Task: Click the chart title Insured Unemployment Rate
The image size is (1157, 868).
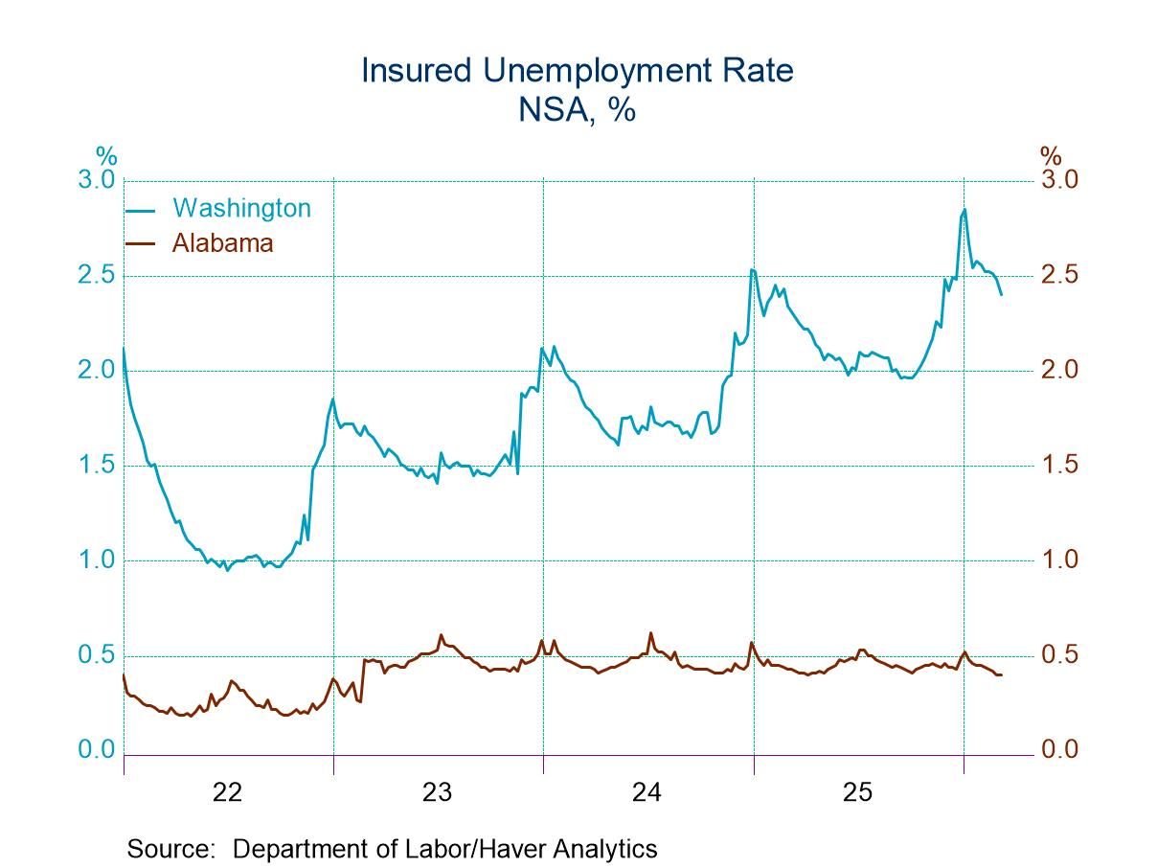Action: pyautogui.click(x=578, y=71)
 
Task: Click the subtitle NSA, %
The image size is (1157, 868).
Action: pyautogui.click(x=578, y=109)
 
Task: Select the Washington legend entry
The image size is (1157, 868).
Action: pyautogui.click(x=241, y=208)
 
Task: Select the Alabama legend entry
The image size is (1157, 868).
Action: pyautogui.click(x=222, y=242)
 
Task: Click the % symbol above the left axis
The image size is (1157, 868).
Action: pyautogui.click(x=105, y=156)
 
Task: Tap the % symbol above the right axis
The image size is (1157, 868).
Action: pyautogui.click(x=1051, y=156)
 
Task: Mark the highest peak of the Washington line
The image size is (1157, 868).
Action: pyautogui.click(x=964, y=209)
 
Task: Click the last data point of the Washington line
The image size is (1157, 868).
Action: pyautogui.click(x=1002, y=294)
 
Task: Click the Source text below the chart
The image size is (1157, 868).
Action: pyautogui.click(x=392, y=849)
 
